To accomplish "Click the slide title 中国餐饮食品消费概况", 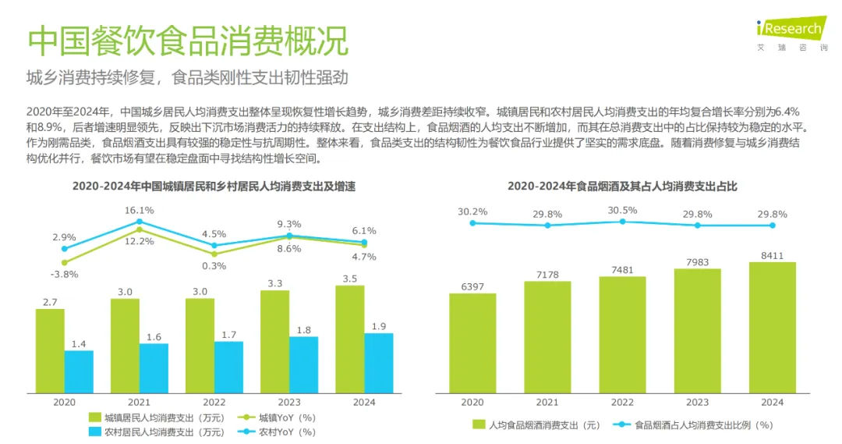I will pyautogui.click(x=188, y=40).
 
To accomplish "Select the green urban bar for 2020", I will pyautogui.click(x=50, y=350).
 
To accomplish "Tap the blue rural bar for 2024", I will pyautogui.click(x=379, y=363).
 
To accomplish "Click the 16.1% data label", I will pyautogui.click(x=139, y=211).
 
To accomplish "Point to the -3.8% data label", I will pyautogui.click(x=65, y=274).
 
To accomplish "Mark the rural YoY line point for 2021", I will pyautogui.click(x=139, y=222).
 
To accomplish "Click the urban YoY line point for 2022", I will pyautogui.click(x=214, y=254).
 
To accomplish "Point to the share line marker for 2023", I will pyautogui.click(x=697, y=226).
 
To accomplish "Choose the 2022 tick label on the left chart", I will pyautogui.click(x=214, y=403).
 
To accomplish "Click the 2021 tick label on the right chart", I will pyautogui.click(x=547, y=403).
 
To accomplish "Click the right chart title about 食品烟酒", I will pyautogui.click(x=622, y=186).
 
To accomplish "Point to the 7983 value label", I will pyautogui.click(x=697, y=262).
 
